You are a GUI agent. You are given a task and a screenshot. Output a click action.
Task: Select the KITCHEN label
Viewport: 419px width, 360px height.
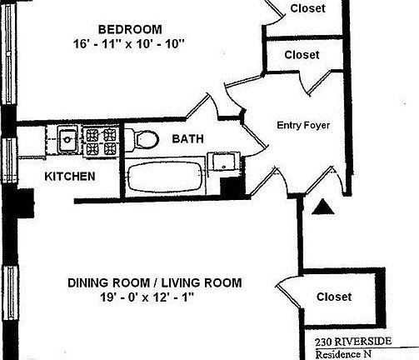point(68,177)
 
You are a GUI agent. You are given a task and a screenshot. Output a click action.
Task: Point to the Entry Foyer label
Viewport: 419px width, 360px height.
point(303,126)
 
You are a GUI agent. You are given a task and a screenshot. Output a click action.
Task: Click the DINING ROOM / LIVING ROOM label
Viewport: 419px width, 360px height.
point(154,283)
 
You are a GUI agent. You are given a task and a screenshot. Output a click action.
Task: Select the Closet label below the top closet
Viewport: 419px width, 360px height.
point(302,55)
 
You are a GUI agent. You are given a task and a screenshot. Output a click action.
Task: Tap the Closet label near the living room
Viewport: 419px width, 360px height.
point(333,297)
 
